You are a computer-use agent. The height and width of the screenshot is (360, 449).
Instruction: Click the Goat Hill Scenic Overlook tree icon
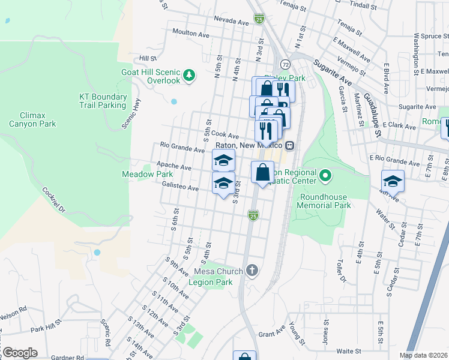pos(190,75)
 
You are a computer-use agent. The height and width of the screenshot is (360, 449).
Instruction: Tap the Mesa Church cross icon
pos(252,270)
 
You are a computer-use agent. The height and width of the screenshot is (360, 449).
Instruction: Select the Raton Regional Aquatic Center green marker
pos(325,176)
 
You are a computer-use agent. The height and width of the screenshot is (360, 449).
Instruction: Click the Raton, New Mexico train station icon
pos(289,145)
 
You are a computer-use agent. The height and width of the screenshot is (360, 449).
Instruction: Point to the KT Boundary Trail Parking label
pos(103,101)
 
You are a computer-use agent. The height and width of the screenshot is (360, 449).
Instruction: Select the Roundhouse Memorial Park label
pos(325,200)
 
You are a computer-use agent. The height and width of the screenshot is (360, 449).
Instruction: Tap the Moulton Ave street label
pos(190,32)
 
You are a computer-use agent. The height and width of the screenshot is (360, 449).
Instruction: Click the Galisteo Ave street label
pos(180,188)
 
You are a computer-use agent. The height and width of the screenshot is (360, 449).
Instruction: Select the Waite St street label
pos(348,351)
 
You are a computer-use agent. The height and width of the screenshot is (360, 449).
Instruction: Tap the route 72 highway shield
pos(285,64)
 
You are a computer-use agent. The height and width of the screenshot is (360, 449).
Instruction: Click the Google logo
pos(20,352)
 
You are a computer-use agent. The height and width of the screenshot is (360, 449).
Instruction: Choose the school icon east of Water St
pos(393,181)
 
